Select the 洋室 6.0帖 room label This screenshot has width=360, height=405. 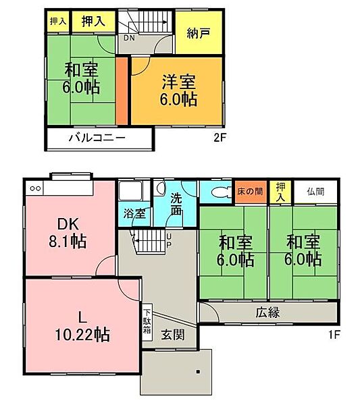pos(178,90)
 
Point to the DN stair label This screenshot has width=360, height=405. pos(128,38)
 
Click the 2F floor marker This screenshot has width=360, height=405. pos(218,140)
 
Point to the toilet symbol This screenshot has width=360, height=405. pos(217,192)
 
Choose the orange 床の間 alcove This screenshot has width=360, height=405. pos(250,192)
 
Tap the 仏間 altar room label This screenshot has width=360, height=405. pos(315,191)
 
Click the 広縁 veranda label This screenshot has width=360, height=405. pos(268,313)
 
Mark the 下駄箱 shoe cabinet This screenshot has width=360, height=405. pos(147,322)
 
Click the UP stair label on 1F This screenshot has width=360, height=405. pos(169,240)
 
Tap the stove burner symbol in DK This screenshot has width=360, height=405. pos(34,188)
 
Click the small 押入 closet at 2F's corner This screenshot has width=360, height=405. pos(57,22)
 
